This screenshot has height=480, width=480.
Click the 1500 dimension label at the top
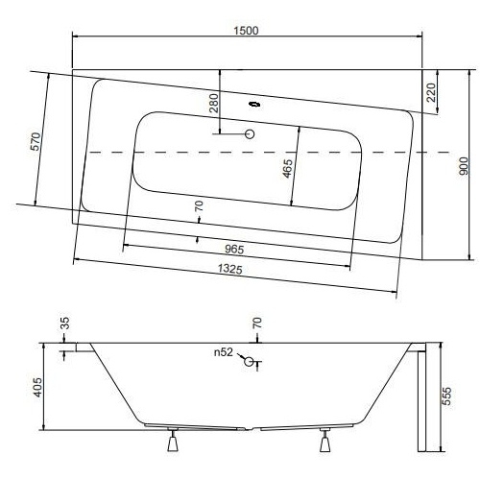[246, 31]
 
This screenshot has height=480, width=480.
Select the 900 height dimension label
[464, 166]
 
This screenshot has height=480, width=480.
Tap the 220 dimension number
[431, 92]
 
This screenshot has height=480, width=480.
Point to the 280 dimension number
[214, 103]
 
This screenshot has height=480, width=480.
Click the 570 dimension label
[36, 141]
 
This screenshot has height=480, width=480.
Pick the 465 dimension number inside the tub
[287, 168]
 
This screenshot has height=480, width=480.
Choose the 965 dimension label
[234, 250]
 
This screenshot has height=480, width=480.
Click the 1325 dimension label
[229, 269]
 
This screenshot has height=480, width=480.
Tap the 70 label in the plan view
[199, 205]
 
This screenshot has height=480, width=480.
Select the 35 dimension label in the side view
[64, 324]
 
